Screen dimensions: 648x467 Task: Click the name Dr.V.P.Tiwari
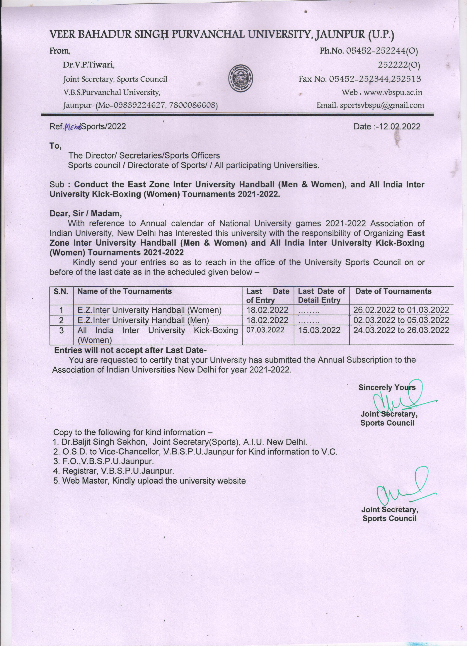click(x=88, y=65)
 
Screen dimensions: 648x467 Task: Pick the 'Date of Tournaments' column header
click(x=393, y=291)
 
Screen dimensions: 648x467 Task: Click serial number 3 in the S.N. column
click(x=61, y=330)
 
